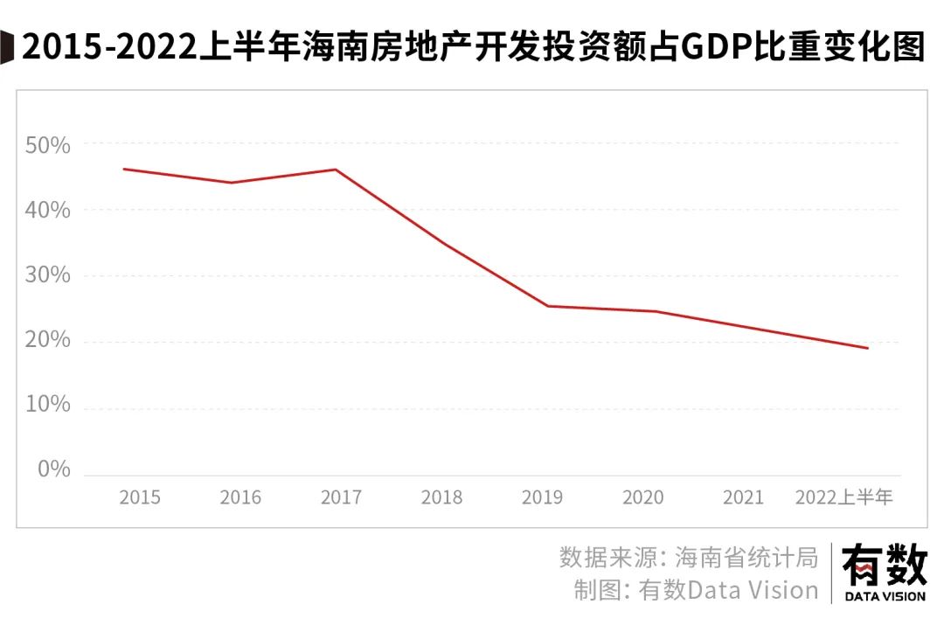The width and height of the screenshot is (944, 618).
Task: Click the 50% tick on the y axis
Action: click(48, 145)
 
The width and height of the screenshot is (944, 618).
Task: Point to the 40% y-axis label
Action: click(48, 211)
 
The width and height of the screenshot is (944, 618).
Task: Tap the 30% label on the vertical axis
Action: click(48, 275)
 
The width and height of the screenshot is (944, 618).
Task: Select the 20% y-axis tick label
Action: click(48, 340)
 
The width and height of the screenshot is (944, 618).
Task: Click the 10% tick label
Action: click(48, 405)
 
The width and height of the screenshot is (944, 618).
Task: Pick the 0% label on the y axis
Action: click(54, 469)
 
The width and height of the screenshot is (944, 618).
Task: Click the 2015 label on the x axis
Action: click(140, 498)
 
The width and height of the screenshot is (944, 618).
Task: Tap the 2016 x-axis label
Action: click(240, 498)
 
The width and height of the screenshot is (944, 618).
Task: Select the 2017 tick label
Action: click(341, 498)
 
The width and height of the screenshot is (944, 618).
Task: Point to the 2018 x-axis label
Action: click(441, 498)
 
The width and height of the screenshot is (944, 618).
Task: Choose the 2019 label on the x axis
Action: click(542, 498)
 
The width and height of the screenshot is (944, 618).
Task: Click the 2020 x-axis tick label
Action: click(642, 498)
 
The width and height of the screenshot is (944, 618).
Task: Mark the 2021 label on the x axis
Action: click(744, 498)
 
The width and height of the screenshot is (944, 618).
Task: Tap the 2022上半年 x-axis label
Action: click(843, 498)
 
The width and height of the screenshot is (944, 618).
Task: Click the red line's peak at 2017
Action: click(337, 170)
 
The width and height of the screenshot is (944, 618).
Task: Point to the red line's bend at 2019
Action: click(546, 306)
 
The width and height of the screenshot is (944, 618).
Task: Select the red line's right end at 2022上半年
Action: click(868, 348)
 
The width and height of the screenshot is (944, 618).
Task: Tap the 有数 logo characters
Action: click(884, 567)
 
